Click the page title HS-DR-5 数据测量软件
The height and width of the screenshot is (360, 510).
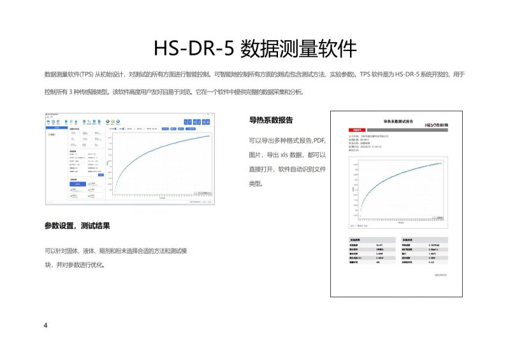pos(255,48)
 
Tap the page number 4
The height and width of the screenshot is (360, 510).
pos(45,326)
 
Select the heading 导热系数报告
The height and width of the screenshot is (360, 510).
pos(271,120)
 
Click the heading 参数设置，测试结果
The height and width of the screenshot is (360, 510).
pos(81,226)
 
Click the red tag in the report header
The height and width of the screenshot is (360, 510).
pos(356,126)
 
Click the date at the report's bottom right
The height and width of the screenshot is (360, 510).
pos(441,275)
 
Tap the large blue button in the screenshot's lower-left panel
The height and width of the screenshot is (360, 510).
pos(76,185)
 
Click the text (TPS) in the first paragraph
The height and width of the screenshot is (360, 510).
pos(86,75)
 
